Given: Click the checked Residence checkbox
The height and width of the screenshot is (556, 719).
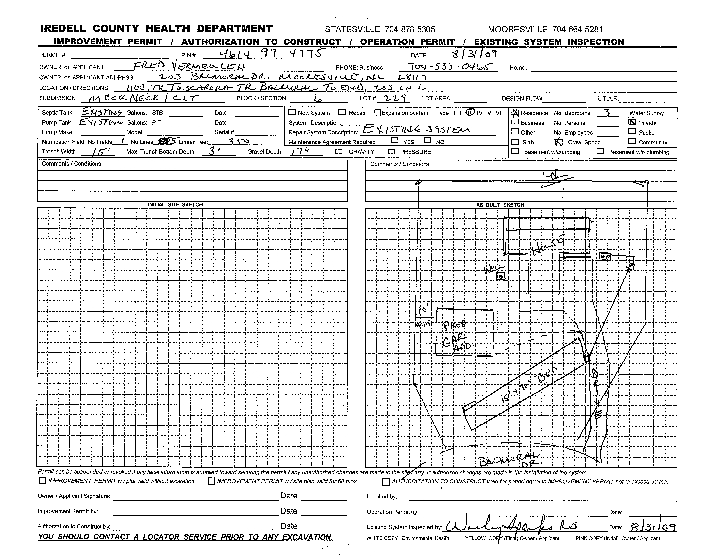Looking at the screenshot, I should [515, 113].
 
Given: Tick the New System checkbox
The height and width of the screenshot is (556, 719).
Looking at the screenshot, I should [292, 112].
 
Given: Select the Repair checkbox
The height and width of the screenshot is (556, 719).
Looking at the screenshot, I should [343, 112].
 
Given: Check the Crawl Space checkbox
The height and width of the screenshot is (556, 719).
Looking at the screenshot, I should [558, 142].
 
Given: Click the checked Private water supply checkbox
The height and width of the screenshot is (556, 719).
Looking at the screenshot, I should [632, 122].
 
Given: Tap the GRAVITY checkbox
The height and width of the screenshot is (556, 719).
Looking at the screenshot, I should [339, 152].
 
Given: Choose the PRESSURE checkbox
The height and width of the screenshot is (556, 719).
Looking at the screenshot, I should [392, 152].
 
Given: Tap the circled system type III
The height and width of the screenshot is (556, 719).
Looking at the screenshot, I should [470, 112].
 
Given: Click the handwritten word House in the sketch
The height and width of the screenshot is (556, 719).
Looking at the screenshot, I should [548, 245].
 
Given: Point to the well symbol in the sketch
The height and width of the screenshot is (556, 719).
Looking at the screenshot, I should [501, 277].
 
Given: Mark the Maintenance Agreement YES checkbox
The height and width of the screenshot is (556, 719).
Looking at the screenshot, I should [395, 140].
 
